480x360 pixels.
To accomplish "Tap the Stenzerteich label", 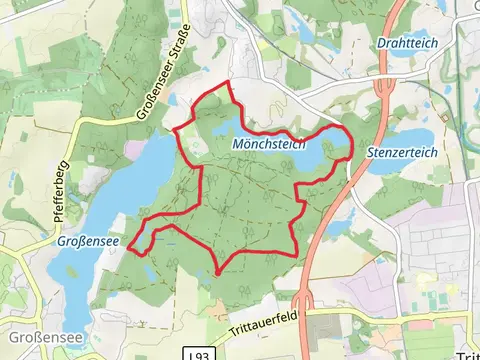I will [x=403, y=152].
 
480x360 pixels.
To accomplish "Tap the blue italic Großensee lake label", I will [x=86, y=241].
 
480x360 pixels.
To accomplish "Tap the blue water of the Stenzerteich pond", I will [x=400, y=138].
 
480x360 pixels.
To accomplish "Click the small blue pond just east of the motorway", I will [x=336, y=222].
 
